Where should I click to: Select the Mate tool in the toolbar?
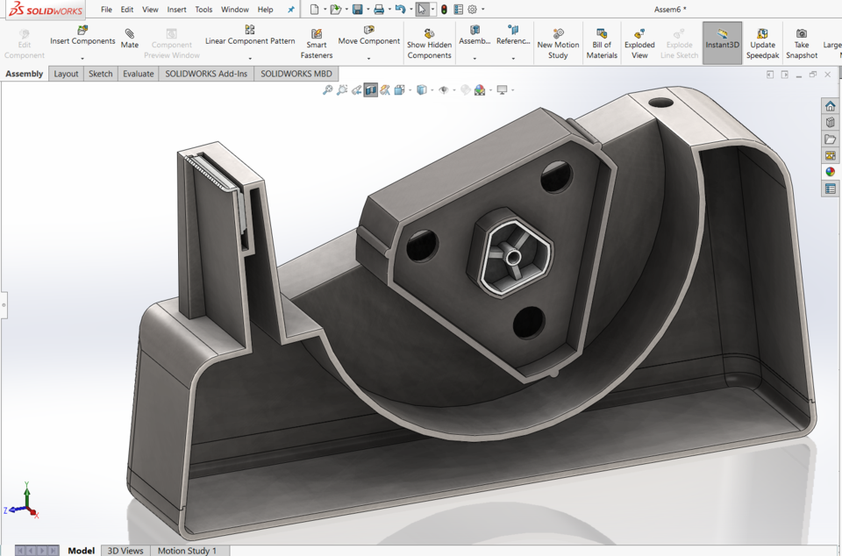tap(130, 39)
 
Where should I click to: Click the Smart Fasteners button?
tap(317, 44)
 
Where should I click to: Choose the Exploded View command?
tap(639, 44)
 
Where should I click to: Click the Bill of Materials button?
tap(602, 44)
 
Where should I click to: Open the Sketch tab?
tap(101, 74)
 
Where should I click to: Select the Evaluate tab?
tap(138, 74)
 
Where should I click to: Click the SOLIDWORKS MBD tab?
tap(296, 74)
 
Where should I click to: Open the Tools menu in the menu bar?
tap(203, 10)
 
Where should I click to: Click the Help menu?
tap(265, 10)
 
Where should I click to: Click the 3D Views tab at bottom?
tap(125, 550)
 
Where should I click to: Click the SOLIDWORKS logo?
tap(46, 10)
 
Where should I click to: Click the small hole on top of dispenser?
tap(659, 103)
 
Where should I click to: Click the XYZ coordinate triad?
tap(26, 503)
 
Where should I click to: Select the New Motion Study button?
tap(558, 44)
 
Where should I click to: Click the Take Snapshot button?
tap(801, 44)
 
